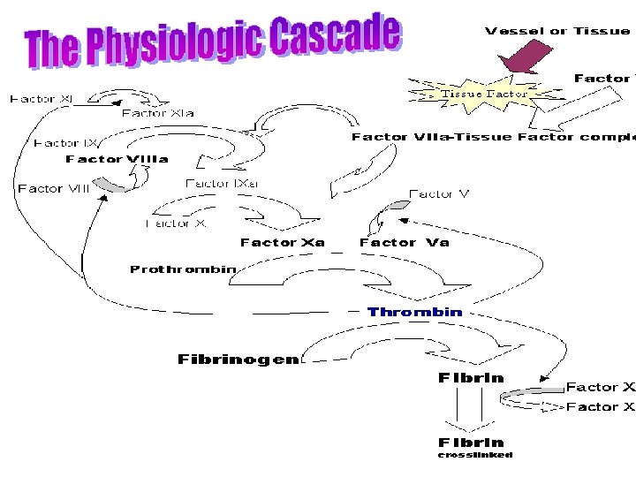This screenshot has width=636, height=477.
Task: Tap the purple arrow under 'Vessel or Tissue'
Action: pos(526,59)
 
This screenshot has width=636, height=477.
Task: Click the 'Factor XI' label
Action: pos(42,99)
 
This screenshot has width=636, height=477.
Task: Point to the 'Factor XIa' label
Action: pos(157,113)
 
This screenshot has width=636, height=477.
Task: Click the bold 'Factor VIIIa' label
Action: pos(117,159)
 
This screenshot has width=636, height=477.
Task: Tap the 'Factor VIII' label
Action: pos(54,188)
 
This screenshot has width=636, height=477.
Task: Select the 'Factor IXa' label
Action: pos(222,184)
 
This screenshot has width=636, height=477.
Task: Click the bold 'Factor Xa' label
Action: pos(283,242)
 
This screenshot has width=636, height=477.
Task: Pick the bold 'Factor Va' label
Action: pos(404,242)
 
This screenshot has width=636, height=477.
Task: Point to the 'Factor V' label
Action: pos(439,193)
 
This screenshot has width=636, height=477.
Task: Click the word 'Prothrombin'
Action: pos(183,269)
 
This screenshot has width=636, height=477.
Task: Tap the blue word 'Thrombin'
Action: pos(414,312)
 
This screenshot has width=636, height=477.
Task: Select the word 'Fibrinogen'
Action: pos(238,360)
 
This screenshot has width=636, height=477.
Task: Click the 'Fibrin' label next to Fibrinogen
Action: pos(471,378)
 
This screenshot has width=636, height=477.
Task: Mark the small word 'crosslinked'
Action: pos(475,456)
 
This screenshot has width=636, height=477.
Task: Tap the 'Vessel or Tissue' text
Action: pos(556,31)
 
